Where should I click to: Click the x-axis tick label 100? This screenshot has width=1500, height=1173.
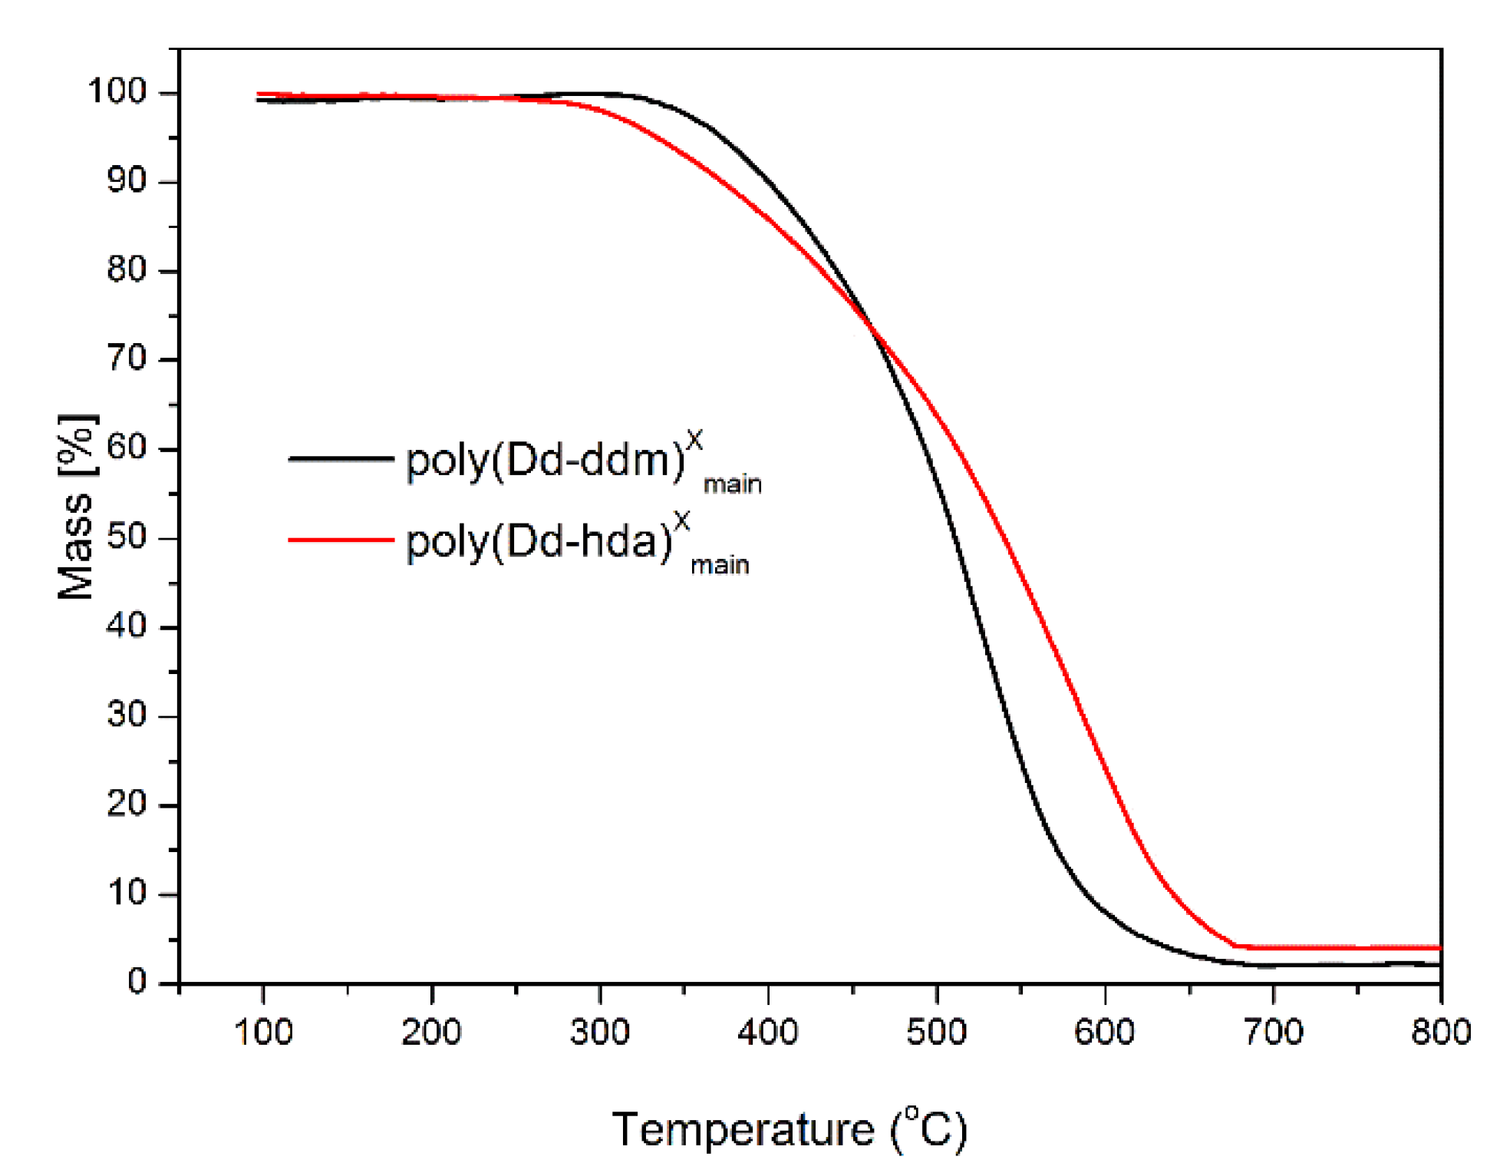[x=263, y=1032]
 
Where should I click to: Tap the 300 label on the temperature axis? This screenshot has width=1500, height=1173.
[x=600, y=1032]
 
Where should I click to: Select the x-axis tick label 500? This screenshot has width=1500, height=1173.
[x=936, y=1032]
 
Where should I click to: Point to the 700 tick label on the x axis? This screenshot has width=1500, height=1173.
[x=1273, y=1032]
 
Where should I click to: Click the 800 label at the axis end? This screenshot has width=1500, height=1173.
[x=1441, y=1032]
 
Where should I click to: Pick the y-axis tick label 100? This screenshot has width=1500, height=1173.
[x=117, y=92]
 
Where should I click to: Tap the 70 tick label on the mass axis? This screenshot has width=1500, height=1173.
[x=127, y=359]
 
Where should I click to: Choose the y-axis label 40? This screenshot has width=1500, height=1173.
[x=127, y=626]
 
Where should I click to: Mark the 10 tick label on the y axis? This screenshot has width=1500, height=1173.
[x=127, y=894]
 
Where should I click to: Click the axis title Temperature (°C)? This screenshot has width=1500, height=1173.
[x=790, y=1129]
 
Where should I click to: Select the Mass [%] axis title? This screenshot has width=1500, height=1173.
[x=77, y=507]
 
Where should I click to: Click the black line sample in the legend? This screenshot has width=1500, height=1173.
[x=341, y=459]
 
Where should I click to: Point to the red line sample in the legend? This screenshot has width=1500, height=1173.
[x=341, y=540]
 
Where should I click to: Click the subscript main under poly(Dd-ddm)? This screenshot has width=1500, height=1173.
[x=732, y=485]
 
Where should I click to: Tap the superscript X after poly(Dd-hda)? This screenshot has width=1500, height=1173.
[x=681, y=523]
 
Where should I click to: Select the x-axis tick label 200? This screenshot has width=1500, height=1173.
[x=431, y=1032]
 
